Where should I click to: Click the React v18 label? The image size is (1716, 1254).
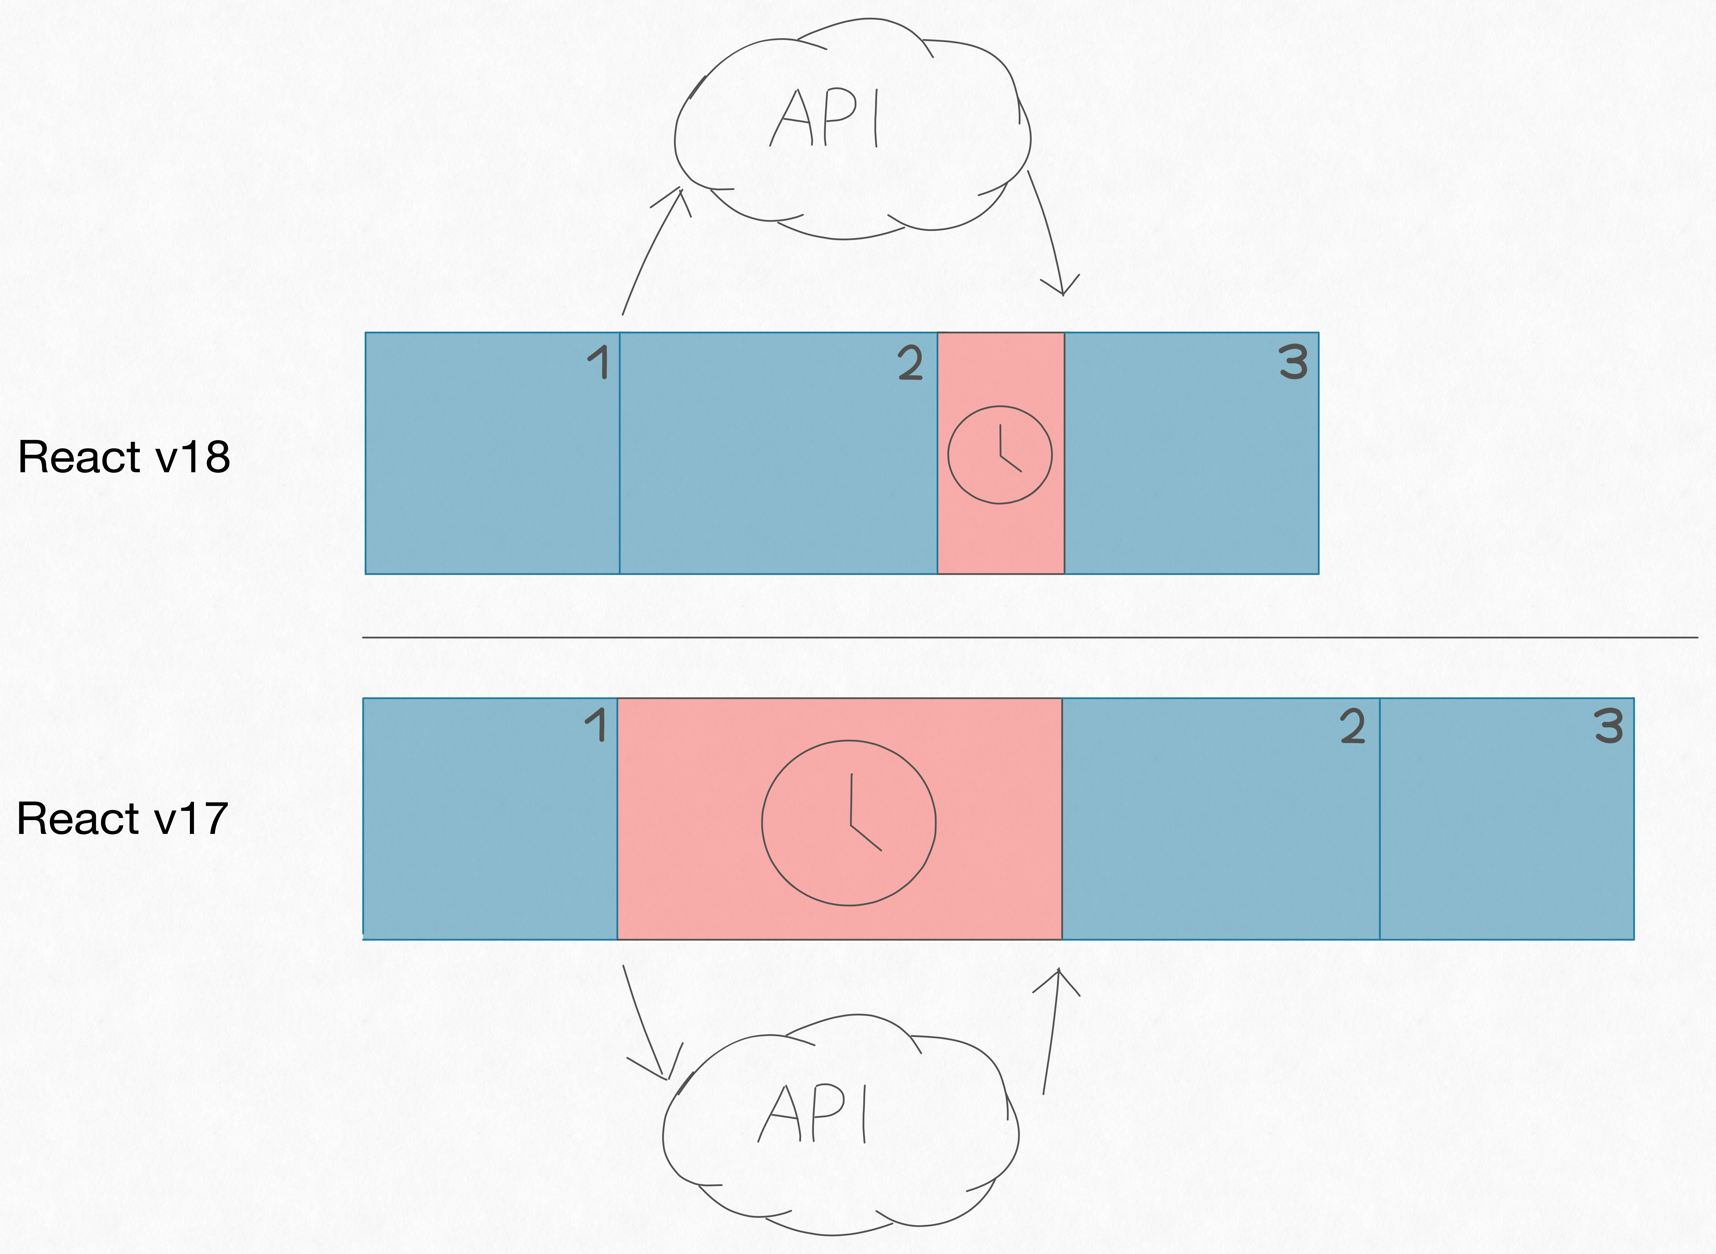click(x=124, y=457)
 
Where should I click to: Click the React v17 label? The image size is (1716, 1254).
click(x=122, y=818)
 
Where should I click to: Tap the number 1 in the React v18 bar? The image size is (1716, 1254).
click(x=599, y=362)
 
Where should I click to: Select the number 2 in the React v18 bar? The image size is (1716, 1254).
click(x=910, y=363)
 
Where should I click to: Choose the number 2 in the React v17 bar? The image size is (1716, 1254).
click(x=1352, y=726)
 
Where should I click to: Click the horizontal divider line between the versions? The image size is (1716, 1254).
click(x=1030, y=638)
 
